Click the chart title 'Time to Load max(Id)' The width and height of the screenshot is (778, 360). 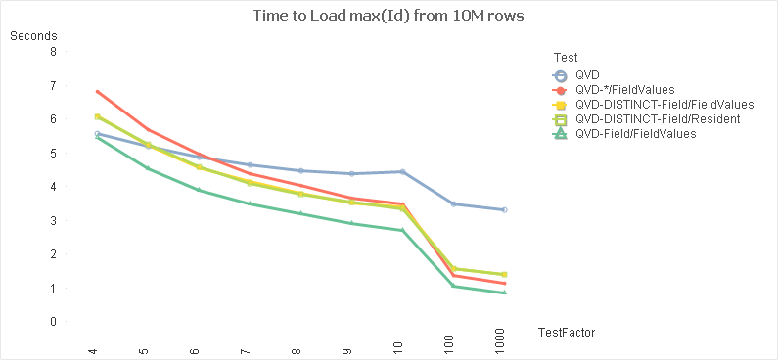tap(389, 16)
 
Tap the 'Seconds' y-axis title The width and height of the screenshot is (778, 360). tap(33, 37)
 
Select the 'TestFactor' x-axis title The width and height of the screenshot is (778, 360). tap(567, 333)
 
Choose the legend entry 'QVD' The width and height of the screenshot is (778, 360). tap(587, 74)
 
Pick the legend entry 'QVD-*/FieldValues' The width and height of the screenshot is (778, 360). tap(624, 89)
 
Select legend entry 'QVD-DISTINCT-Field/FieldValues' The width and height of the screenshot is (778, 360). tap(664, 104)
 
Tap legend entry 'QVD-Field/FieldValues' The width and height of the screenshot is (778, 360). tap(635, 133)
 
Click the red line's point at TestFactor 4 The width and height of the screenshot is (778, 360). tap(97, 91)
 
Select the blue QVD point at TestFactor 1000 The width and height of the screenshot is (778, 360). tap(504, 210)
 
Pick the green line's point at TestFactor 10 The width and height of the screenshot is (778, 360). tap(402, 230)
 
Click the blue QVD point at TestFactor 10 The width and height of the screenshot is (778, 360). tap(402, 171)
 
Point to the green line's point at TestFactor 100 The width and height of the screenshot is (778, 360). tap(453, 286)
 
